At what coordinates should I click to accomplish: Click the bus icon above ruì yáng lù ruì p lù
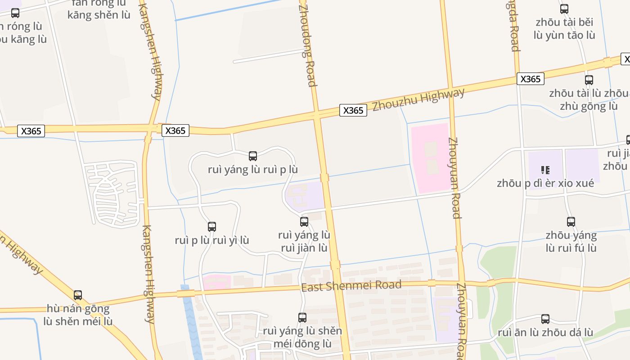[x=253, y=156]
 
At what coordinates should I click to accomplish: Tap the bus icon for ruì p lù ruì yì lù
[x=212, y=227]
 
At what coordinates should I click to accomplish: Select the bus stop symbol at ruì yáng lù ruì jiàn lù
[x=304, y=221]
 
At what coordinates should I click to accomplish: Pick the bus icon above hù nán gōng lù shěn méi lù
[x=78, y=295]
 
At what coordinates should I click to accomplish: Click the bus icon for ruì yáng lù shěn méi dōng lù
[x=302, y=318]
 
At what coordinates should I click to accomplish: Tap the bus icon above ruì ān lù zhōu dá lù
[x=545, y=319]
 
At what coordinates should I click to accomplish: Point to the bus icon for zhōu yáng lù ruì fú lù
[x=571, y=221]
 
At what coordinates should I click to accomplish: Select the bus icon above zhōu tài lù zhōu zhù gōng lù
[x=589, y=80]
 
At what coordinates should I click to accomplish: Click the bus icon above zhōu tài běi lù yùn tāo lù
[x=564, y=9]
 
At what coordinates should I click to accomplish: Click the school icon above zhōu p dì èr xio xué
[x=545, y=170]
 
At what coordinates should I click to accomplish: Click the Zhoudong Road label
[x=307, y=44]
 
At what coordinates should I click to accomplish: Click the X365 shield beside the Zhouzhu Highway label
[x=353, y=110]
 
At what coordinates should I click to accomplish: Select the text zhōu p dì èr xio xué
[x=545, y=184]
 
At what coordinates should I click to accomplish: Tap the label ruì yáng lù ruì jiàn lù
[x=304, y=242]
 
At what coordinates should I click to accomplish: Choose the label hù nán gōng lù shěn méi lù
[x=78, y=315]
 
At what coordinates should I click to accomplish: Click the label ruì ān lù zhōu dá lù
[x=545, y=333]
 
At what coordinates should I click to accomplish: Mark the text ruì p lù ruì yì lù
[x=212, y=240]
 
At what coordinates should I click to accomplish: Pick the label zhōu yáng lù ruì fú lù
[x=571, y=242]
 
